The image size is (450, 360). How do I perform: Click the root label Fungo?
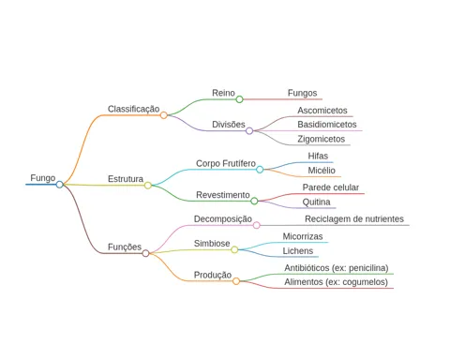pos(43,178)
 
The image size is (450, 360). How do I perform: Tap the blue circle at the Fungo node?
pos(59,185)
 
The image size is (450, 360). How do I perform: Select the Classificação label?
pos(133,109)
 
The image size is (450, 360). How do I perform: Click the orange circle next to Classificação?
pos(163,115)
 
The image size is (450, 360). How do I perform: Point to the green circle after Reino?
pos(239,99)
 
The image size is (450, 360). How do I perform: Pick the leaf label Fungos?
pos(302,93)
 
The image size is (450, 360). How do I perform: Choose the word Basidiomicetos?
pos(327,125)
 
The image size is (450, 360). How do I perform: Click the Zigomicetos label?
pos(321,139)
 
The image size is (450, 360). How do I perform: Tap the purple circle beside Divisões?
pos(249,131)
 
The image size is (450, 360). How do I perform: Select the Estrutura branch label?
pos(126,179)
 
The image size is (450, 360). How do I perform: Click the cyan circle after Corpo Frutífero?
pos(260,170)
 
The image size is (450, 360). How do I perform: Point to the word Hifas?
pos(318,156)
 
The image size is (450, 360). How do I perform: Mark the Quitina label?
pos(316,202)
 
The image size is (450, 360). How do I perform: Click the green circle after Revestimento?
pos(254,201)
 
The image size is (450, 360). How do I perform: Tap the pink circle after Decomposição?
pos(256,225)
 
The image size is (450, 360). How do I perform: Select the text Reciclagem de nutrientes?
pos(354,219)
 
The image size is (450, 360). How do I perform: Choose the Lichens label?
pos(298,251)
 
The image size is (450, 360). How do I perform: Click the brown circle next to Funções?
pos(145,253)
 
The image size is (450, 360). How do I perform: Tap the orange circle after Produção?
pos(236,281)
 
